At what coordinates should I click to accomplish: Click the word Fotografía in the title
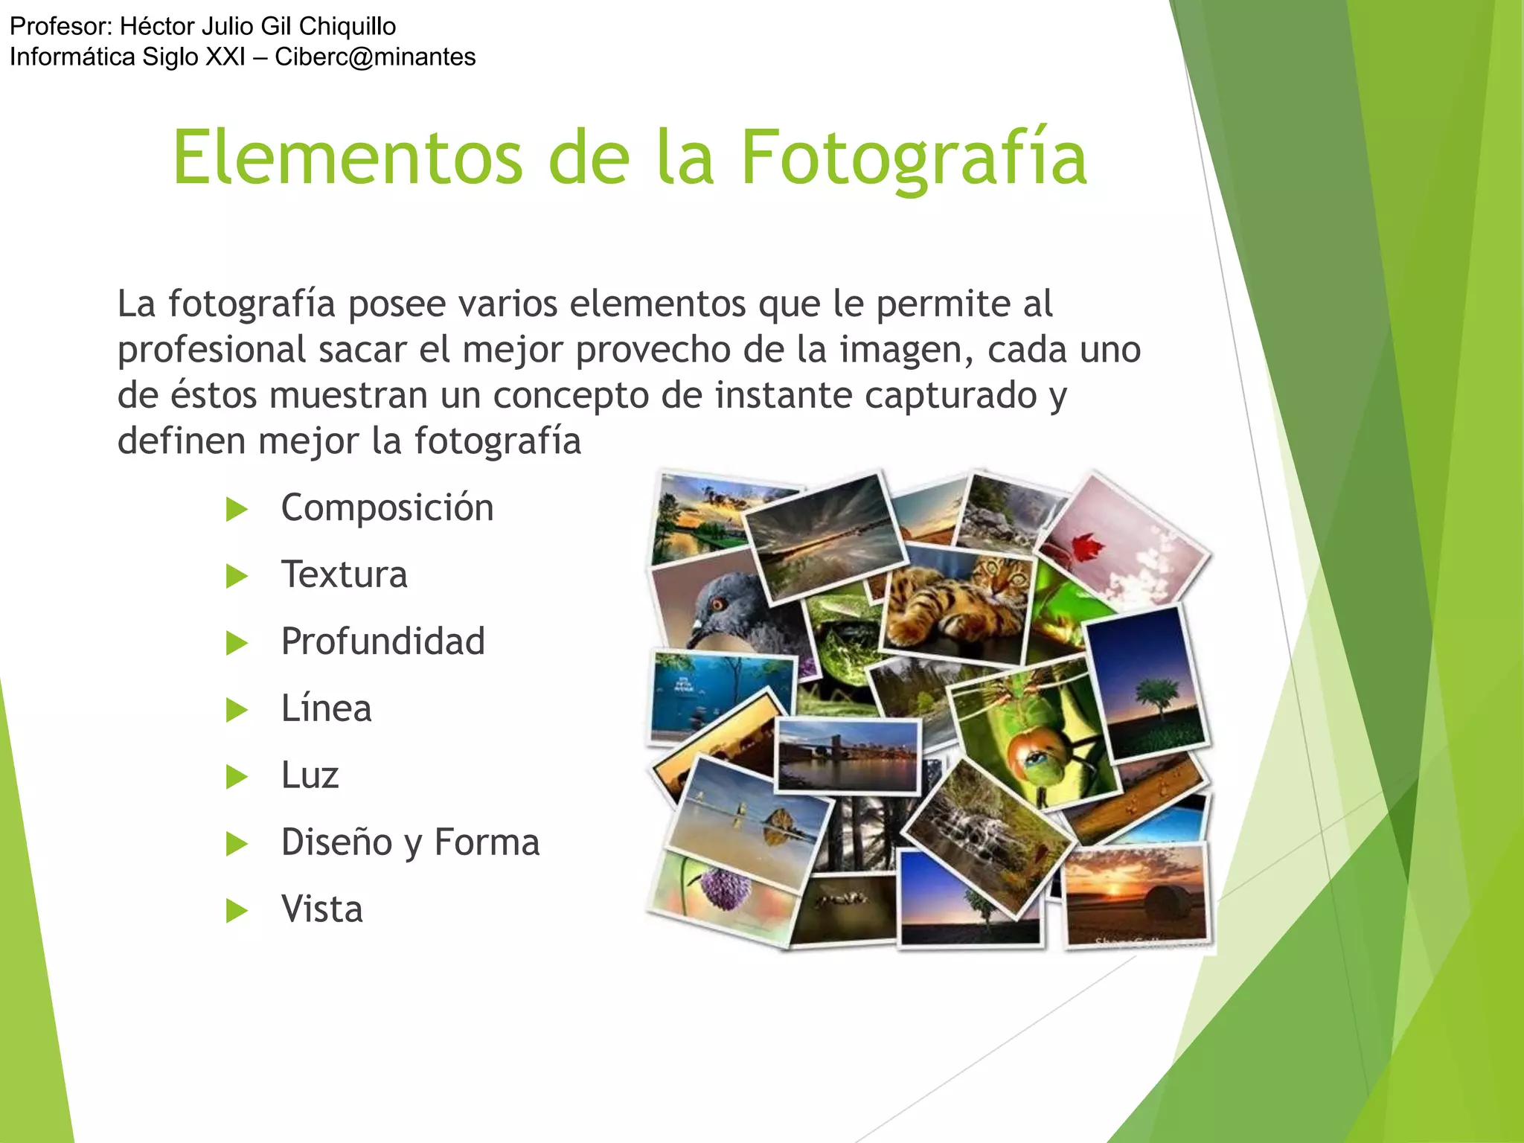[913, 158]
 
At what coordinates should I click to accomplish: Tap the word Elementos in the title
[348, 158]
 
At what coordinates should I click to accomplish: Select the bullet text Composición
[387, 508]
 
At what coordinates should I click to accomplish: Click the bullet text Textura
[344, 575]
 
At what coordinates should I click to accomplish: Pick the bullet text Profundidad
[382, 641]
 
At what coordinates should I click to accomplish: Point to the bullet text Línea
[326, 708]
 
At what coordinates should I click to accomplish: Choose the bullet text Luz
[310, 775]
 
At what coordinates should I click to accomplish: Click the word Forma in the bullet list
[487, 842]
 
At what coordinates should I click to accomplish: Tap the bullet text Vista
[321, 909]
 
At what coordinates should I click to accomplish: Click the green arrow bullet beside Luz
[237, 777]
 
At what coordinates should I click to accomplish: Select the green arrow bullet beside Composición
[237, 510]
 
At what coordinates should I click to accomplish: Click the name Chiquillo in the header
[347, 27]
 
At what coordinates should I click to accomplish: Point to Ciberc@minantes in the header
[375, 57]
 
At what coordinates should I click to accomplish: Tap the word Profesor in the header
[60, 27]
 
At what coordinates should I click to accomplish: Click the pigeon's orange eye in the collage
[717, 603]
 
